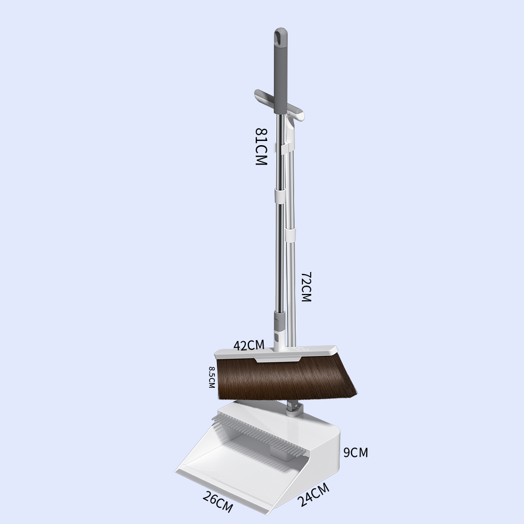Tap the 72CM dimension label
click(306, 287)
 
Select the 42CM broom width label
click(249, 345)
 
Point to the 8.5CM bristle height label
click(212, 377)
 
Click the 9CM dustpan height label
click(356, 453)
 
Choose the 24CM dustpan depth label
click(313, 495)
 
